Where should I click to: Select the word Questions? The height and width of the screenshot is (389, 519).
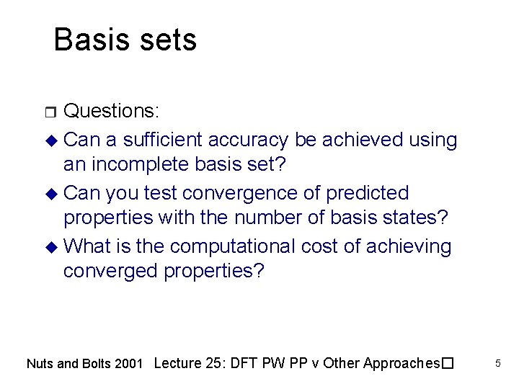(111, 111)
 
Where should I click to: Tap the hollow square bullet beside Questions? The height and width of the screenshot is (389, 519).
(51, 112)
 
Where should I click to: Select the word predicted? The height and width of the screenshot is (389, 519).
(368, 193)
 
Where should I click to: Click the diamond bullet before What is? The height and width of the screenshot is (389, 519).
(52, 247)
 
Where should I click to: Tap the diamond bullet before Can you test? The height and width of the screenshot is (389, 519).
(52, 194)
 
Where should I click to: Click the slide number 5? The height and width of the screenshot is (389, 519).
(497, 364)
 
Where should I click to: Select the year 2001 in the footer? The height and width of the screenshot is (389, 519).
(129, 364)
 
